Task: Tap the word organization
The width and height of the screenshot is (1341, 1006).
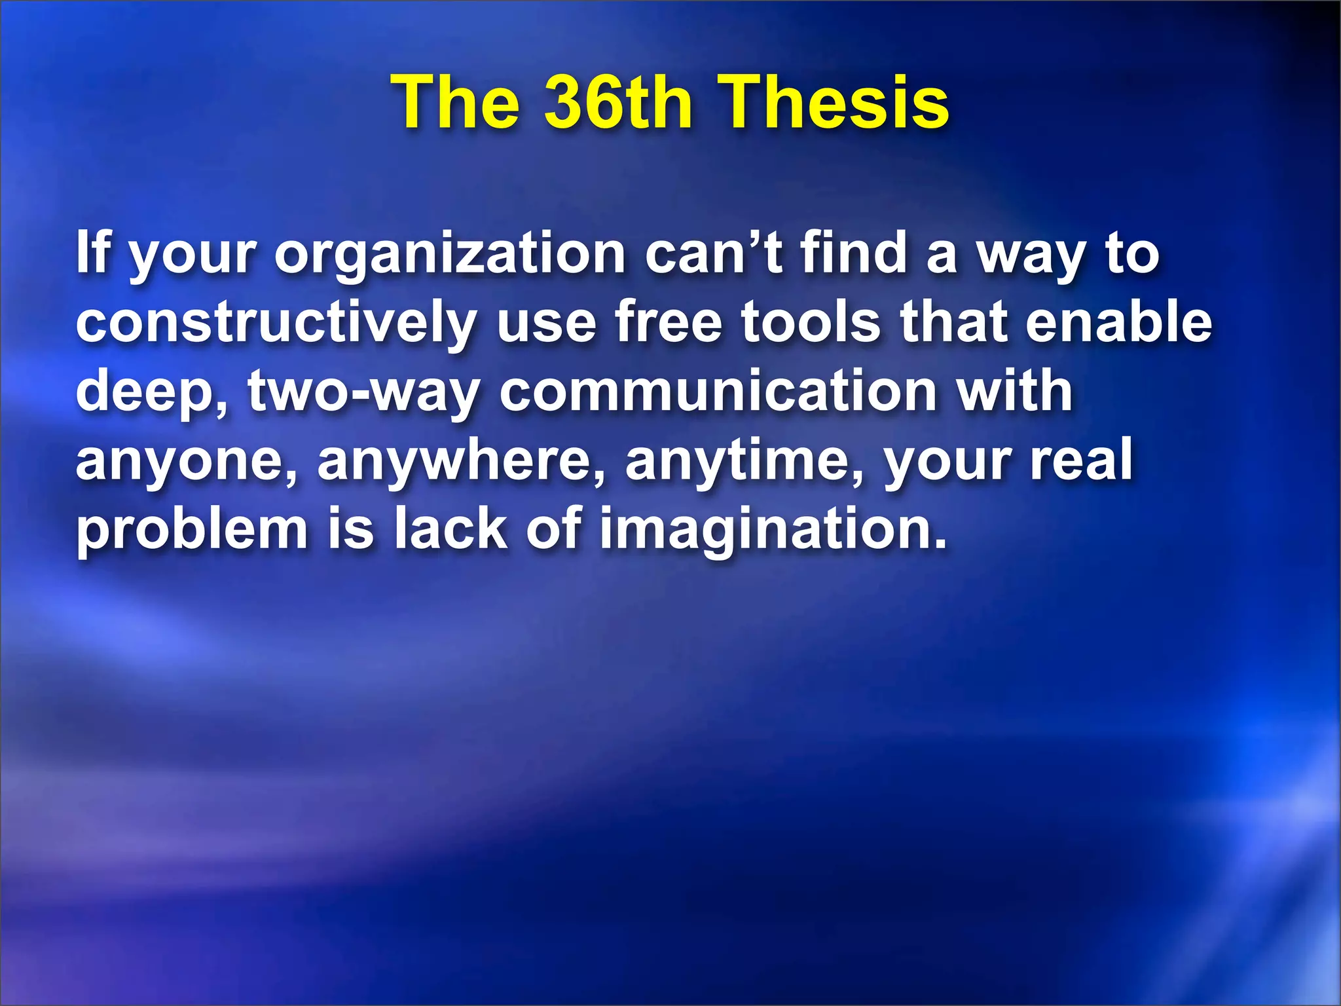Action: click(x=450, y=255)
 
